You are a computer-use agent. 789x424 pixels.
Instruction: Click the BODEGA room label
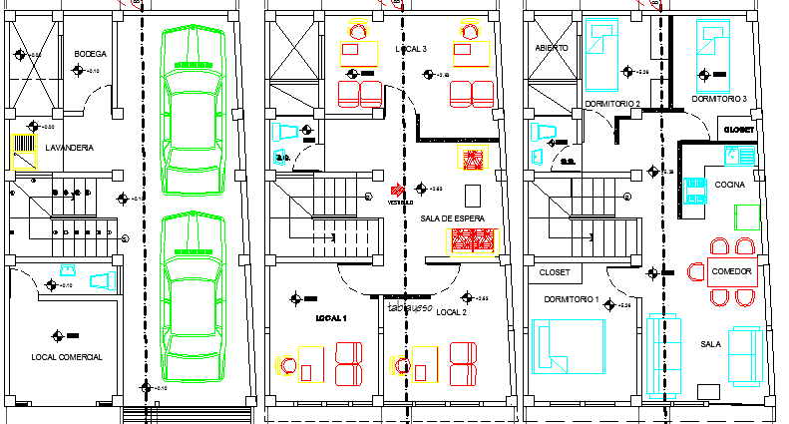[x=91, y=54]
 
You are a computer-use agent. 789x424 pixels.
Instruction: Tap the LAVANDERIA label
[x=69, y=148]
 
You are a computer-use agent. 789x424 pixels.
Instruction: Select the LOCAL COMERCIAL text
[x=67, y=356]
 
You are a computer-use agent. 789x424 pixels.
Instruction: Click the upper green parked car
[x=192, y=110]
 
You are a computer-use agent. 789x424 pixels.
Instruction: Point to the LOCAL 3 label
[x=410, y=49]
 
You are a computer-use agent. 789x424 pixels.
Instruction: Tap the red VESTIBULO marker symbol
[x=396, y=190]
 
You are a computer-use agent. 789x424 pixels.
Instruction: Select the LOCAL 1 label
[x=330, y=317]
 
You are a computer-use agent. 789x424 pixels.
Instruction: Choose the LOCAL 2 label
[x=452, y=312]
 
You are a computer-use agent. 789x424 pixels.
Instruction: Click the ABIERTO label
[x=552, y=48]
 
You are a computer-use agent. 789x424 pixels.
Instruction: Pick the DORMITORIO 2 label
[x=612, y=103]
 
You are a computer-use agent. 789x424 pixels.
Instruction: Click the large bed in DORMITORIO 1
[x=569, y=345]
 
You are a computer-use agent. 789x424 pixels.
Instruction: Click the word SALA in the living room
[x=710, y=343]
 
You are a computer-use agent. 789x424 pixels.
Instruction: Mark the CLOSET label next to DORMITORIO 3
[x=739, y=130]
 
